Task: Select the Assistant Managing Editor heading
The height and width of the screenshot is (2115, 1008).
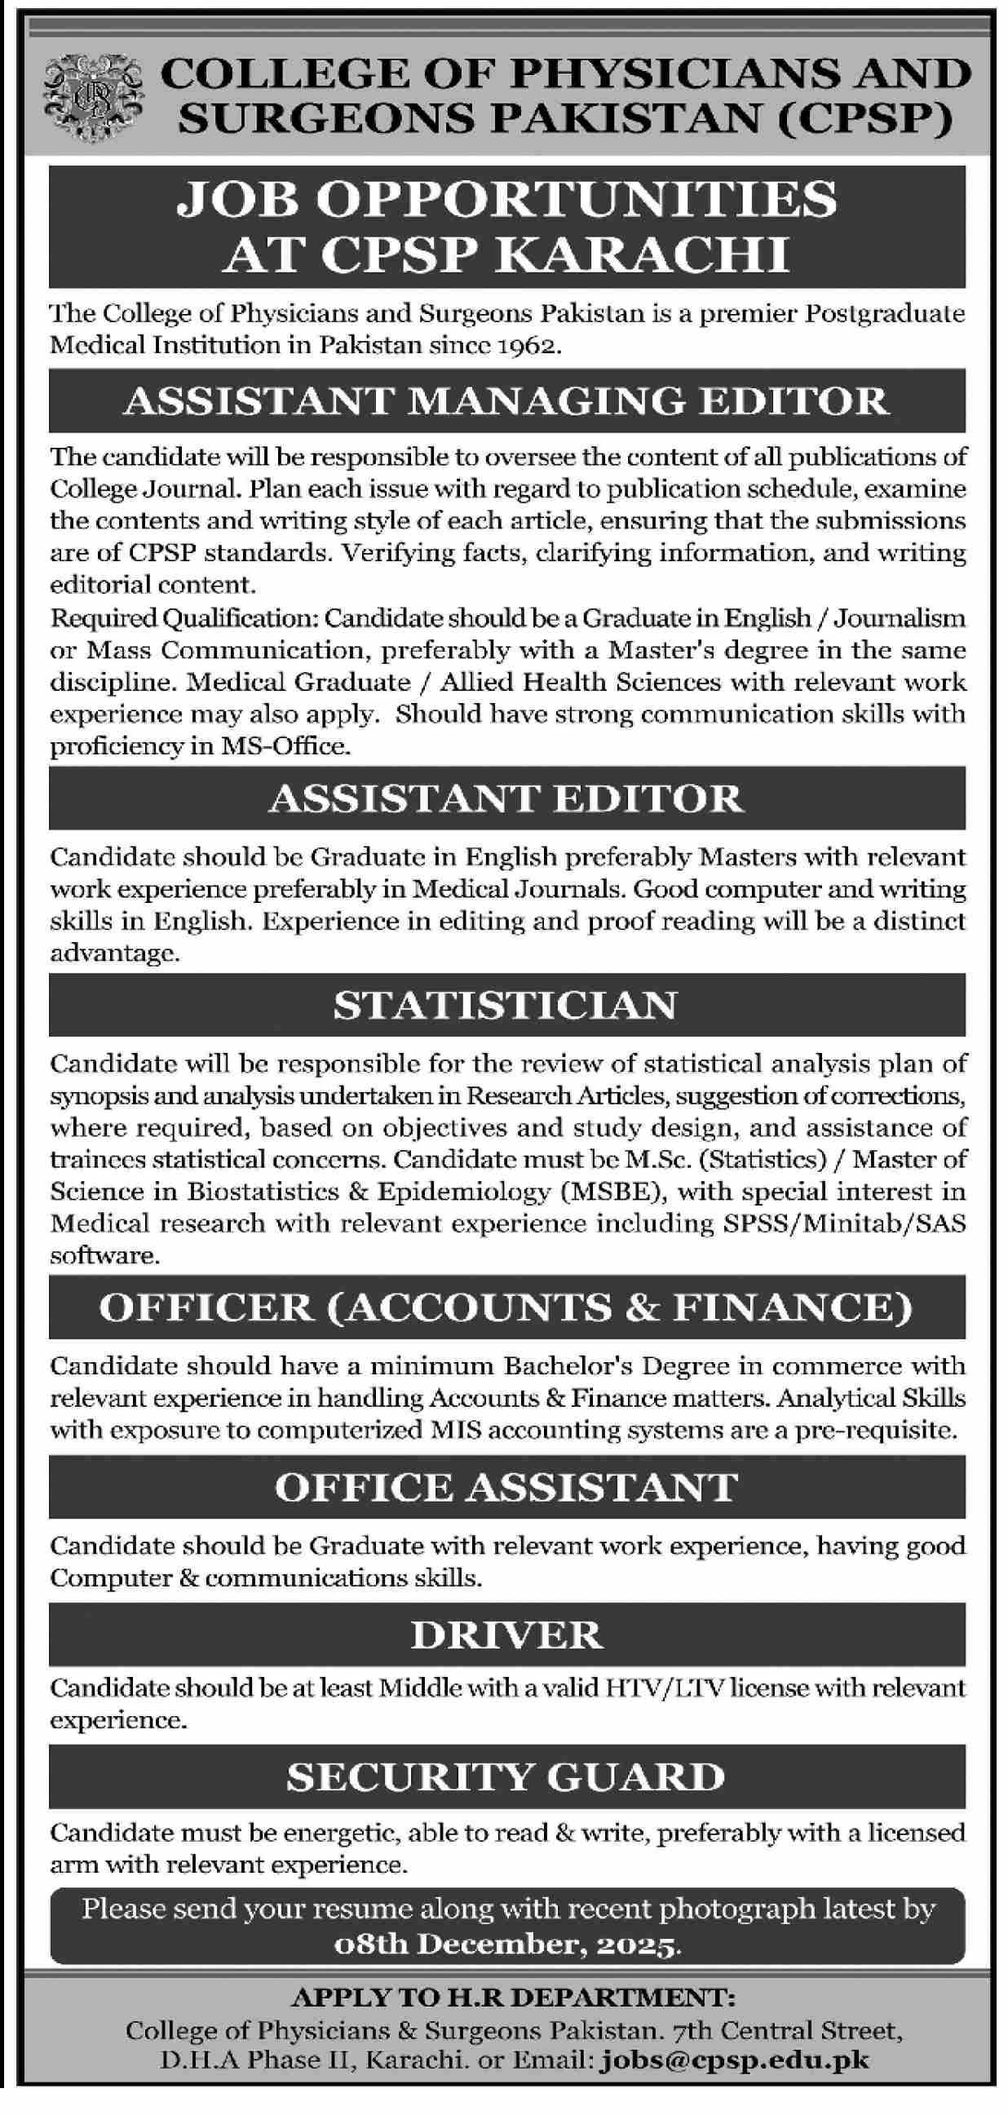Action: (506, 401)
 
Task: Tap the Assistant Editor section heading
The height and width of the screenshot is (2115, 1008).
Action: (506, 799)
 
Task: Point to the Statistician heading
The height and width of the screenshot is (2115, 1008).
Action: (506, 1006)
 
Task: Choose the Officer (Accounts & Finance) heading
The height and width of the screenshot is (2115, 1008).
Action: (506, 1308)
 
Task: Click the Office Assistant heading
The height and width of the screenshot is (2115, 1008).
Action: (506, 1488)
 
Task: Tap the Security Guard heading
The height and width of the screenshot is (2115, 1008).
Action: (506, 1777)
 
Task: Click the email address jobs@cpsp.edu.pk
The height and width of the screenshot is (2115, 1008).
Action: (735, 2060)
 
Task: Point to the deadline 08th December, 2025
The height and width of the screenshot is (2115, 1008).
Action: (507, 1945)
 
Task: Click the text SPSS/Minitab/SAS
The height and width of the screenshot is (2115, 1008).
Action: (845, 1223)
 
